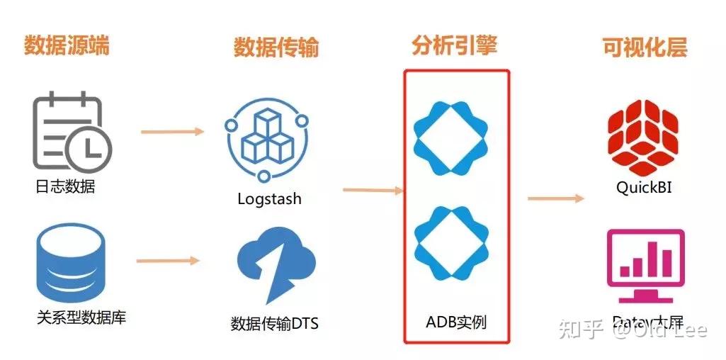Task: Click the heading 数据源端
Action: click(x=67, y=45)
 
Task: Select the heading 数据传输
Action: click(x=276, y=47)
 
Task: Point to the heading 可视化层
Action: click(x=645, y=47)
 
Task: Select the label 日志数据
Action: click(x=65, y=187)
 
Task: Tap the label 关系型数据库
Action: click(x=81, y=317)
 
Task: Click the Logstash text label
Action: click(x=269, y=199)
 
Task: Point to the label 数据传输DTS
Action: click(x=275, y=324)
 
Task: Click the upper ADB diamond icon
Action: click(x=451, y=139)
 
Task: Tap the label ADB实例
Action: click(x=456, y=322)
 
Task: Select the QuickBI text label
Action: click(x=644, y=188)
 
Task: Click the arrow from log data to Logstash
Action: click(x=172, y=131)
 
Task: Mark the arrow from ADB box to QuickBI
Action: click(x=555, y=198)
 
